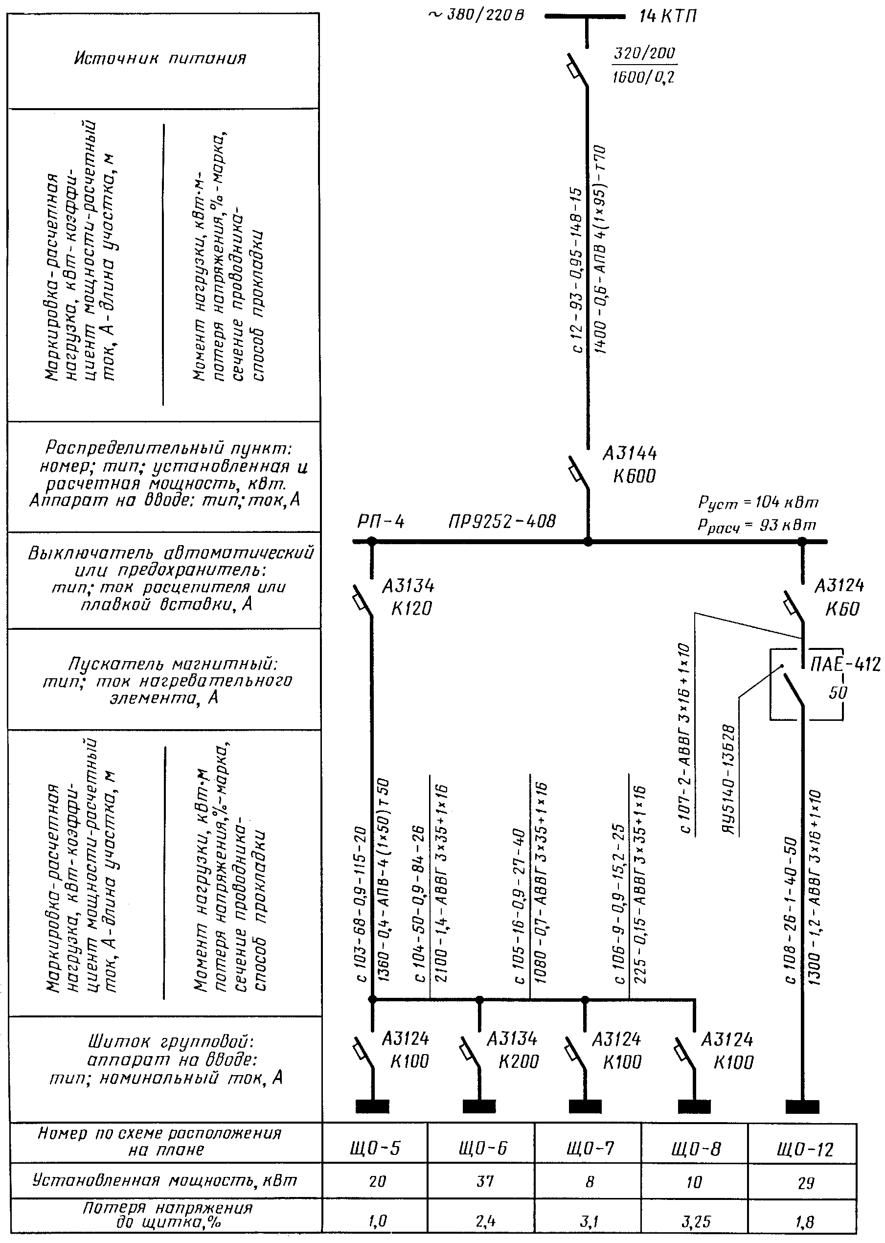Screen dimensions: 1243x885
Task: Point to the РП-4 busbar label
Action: pyautogui.click(x=381, y=522)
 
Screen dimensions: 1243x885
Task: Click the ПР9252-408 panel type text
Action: pyautogui.click(x=501, y=522)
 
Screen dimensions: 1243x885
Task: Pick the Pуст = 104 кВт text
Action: pyautogui.click(x=757, y=503)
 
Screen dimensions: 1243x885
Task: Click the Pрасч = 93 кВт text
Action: pyautogui.click(x=756, y=526)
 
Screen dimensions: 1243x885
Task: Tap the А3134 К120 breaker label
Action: pyautogui.click(x=408, y=597)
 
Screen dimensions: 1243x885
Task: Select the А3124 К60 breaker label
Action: pyautogui.click(x=839, y=597)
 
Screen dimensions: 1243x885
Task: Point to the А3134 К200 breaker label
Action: pyautogui.click(x=512, y=1050)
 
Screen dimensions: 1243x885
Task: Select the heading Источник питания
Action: pyautogui.click(x=160, y=58)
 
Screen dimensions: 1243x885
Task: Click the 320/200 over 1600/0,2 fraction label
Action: pyautogui.click(x=644, y=66)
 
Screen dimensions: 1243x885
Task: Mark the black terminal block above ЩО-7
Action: pyautogui.click(x=585, y=1106)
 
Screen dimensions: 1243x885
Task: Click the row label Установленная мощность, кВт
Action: pyautogui.click(x=164, y=1179)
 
